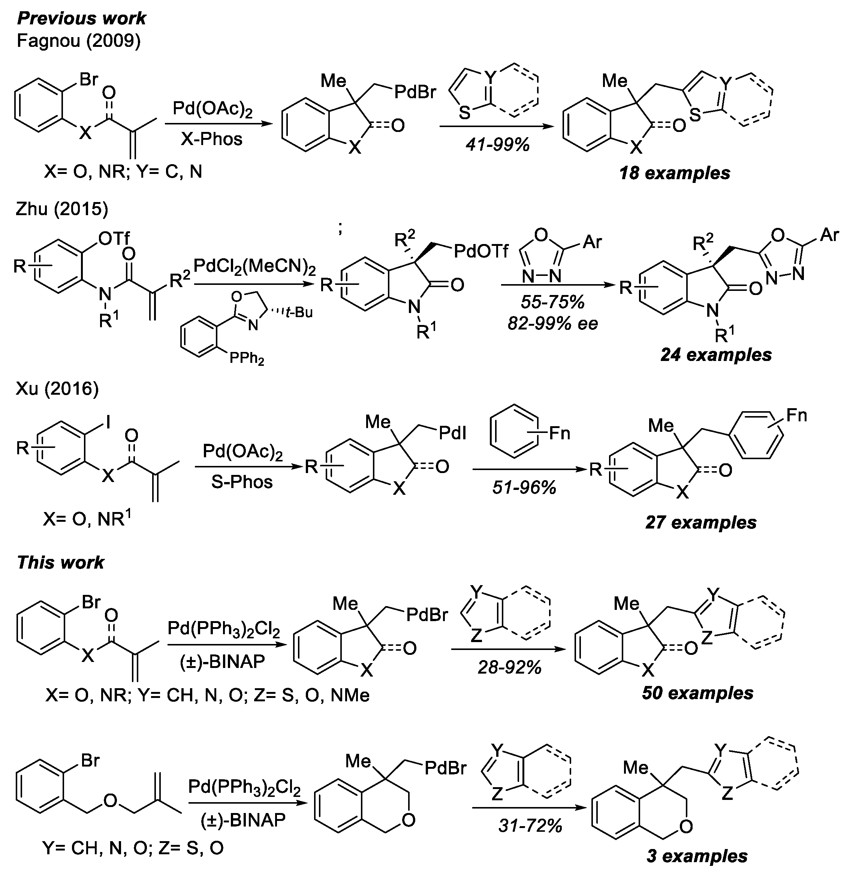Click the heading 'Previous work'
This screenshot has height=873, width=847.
pyautogui.click(x=81, y=19)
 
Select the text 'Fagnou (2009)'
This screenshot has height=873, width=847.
pyautogui.click(x=78, y=41)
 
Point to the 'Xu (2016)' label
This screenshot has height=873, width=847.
pyautogui.click(x=57, y=389)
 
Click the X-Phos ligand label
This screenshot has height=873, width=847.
pyautogui.click(x=211, y=139)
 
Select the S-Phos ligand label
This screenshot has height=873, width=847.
pyautogui.click(x=241, y=482)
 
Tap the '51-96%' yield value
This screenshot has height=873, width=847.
pyautogui.click(x=524, y=488)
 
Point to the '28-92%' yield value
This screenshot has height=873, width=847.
pyautogui.click(x=509, y=668)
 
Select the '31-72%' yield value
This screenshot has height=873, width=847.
pyautogui.click(x=530, y=826)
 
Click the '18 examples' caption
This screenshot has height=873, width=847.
pyautogui.click(x=675, y=173)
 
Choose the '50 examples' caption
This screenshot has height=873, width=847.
pyautogui.click(x=697, y=693)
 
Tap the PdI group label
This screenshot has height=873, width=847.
pyautogui.click(x=452, y=433)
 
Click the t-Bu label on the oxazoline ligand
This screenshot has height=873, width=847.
pyautogui.click(x=299, y=313)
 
